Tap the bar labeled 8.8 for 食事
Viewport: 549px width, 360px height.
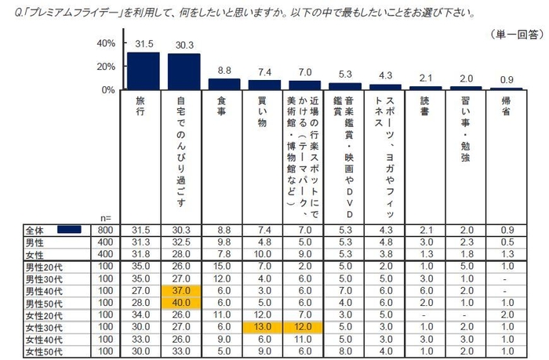[224, 85]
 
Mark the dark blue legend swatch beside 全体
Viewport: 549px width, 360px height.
[69, 229]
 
